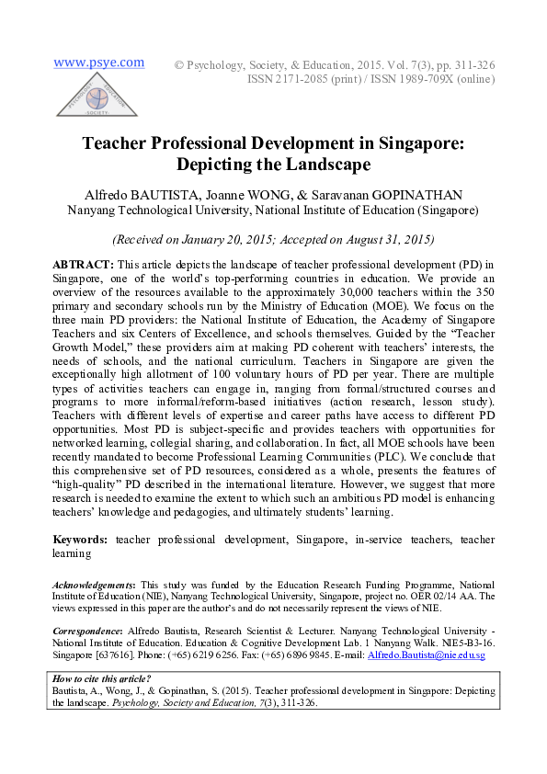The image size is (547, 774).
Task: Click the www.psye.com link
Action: pyautogui.click(x=98, y=63)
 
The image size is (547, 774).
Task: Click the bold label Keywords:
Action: pyautogui.click(x=83, y=540)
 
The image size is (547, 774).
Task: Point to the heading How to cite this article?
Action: pyautogui.click(x=101, y=678)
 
